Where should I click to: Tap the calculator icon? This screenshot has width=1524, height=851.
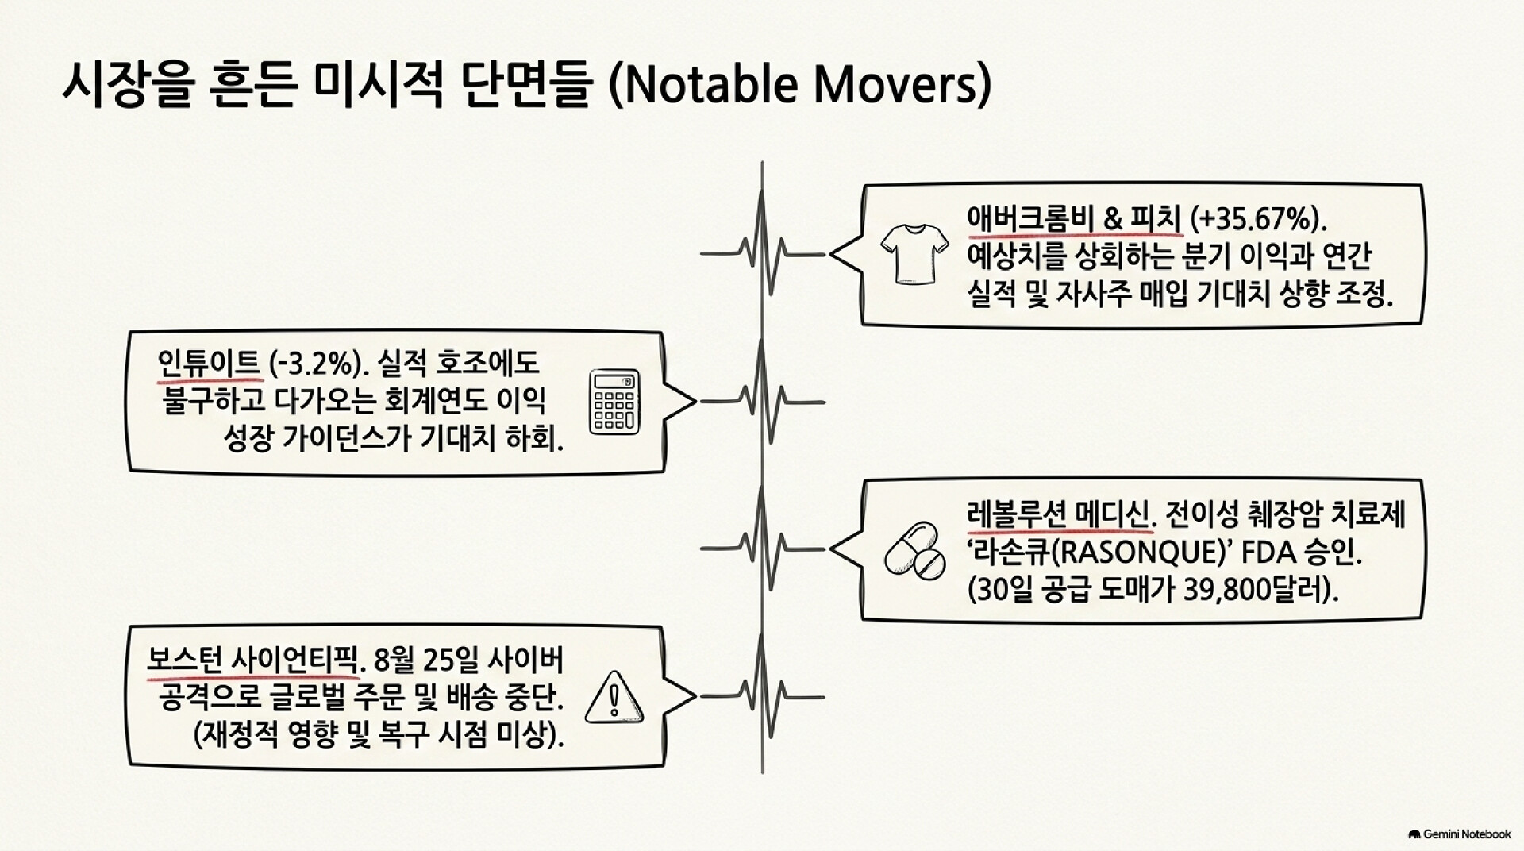pos(614,402)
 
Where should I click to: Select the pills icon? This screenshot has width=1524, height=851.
pos(915,550)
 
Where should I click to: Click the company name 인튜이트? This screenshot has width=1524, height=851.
pos(209,364)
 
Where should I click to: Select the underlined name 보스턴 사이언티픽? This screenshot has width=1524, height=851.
pos(253,660)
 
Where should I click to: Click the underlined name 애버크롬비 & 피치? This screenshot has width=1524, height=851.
pos(1075,218)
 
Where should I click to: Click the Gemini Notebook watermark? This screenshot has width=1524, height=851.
pos(1460,834)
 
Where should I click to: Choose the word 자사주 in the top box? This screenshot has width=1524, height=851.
pos(1093,295)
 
